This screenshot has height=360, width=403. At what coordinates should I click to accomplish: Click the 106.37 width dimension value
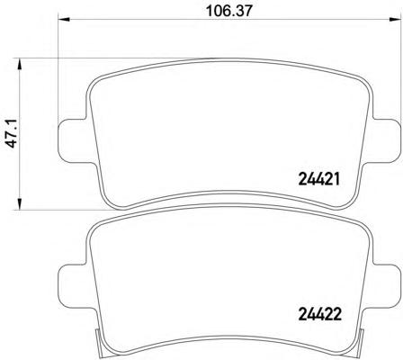coord(229,11)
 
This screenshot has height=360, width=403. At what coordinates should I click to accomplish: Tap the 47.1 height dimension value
coord(13,132)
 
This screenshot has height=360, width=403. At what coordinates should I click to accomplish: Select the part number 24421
coord(319,179)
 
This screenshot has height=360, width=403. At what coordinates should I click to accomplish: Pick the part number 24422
coord(319,315)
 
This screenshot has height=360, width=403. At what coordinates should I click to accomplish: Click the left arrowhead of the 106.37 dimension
coord(63,20)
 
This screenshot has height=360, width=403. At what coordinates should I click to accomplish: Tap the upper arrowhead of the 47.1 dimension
coord(19,64)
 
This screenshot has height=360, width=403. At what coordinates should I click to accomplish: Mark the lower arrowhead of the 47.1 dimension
coord(19,203)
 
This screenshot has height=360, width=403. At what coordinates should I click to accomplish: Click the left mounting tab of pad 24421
coord(72,141)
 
